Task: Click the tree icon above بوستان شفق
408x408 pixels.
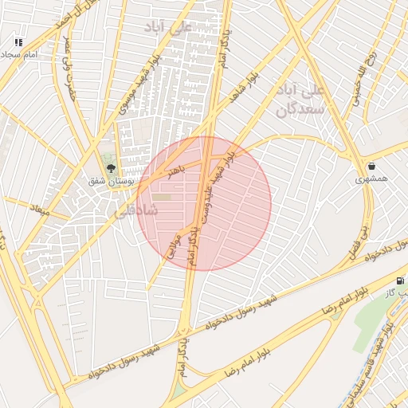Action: click(111, 168)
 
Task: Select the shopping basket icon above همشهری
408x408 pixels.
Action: click(372, 167)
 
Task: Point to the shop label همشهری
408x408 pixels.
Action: click(372, 180)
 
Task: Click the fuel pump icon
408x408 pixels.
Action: click(399, 281)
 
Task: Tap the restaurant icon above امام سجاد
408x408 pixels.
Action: click(18, 41)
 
